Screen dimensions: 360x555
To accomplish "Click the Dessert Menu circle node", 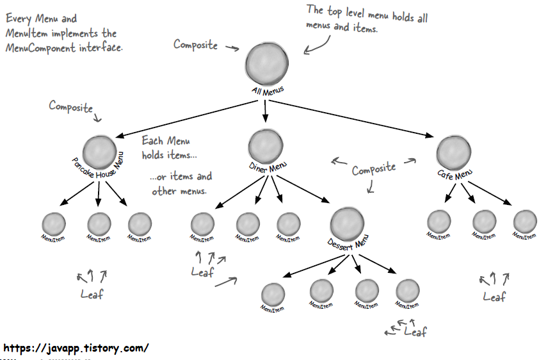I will (348, 222).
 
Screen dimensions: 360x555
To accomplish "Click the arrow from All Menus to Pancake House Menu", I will (192, 117).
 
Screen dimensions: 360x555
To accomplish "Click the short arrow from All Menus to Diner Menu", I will (265, 113).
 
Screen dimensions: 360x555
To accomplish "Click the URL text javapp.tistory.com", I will (76, 348).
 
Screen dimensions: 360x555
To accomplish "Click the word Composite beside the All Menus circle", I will (195, 45).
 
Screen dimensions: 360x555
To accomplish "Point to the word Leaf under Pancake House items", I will (92, 294).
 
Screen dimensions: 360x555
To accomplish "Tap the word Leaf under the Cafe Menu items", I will (494, 297).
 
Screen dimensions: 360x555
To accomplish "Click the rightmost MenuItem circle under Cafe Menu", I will (525, 221).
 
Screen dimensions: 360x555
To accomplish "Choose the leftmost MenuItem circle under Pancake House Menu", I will (54, 224).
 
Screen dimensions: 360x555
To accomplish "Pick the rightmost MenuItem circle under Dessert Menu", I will (407, 290).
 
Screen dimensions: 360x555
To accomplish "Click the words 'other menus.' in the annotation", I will (179, 191).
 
